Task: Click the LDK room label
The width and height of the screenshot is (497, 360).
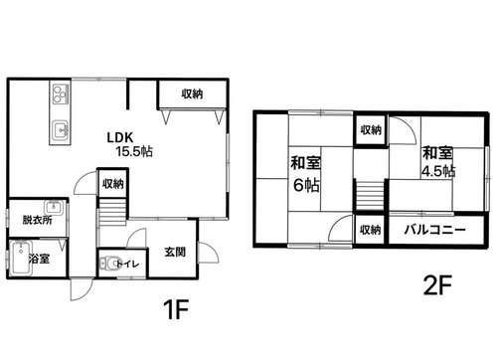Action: coord(120,137)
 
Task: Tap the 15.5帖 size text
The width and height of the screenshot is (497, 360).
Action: coord(134,152)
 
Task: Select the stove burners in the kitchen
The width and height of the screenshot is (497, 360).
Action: coord(60,93)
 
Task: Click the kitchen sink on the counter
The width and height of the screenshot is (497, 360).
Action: coord(61,129)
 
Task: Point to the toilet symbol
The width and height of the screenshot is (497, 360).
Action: coord(108,264)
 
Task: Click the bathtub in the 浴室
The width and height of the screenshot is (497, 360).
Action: coord(21,258)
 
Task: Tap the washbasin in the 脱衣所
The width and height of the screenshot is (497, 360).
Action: coord(53,207)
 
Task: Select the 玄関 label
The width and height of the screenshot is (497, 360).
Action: coord(175,253)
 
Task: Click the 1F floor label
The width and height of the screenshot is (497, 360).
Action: coord(176,309)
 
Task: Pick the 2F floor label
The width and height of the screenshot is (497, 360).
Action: coord(437,285)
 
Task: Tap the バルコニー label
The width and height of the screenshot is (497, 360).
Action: coord(435,230)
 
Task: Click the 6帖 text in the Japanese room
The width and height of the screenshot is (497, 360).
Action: coord(306,185)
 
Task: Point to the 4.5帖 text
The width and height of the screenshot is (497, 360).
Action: coord(438,171)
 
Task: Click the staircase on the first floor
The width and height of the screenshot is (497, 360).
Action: coord(112,212)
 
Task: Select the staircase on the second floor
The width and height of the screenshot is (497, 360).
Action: coord(370,195)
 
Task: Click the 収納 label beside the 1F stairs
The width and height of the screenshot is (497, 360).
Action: coord(112,183)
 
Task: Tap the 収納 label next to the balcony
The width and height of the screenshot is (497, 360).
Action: coord(370,230)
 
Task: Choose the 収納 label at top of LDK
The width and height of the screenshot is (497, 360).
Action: coord(192,94)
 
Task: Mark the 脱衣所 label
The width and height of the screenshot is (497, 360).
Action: coord(38,220)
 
